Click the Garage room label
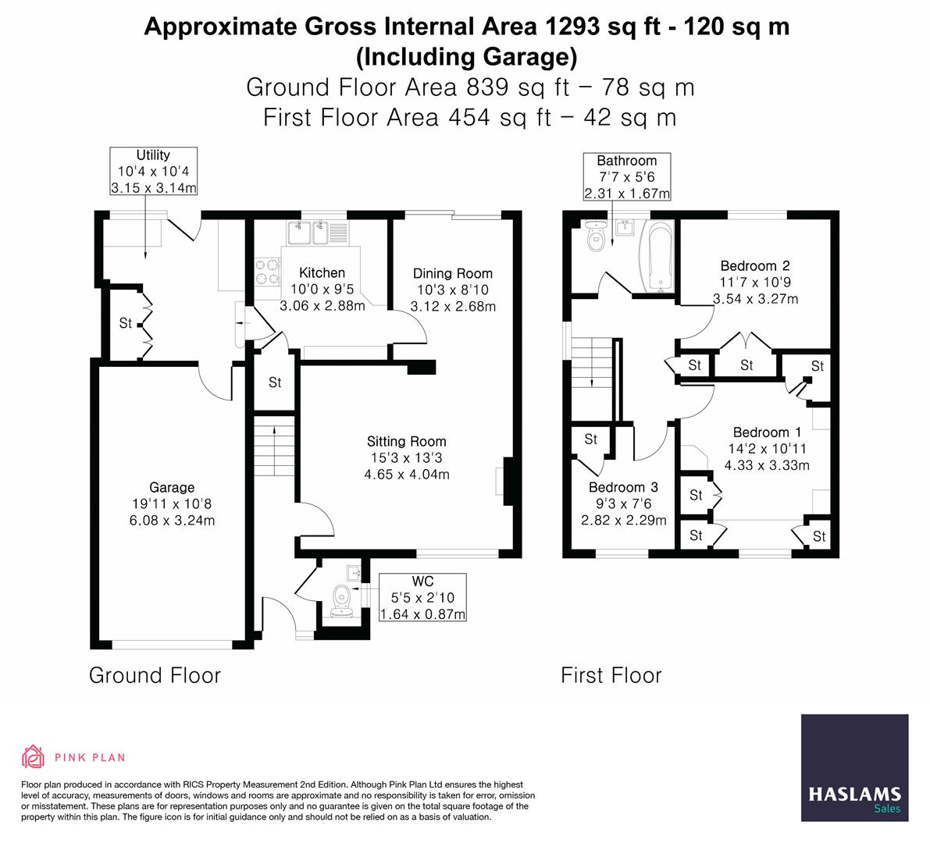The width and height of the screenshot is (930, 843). coord(173,487)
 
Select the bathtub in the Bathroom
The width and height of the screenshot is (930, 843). coord(657,256)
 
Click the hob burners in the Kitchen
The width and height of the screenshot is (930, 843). coord(267,272)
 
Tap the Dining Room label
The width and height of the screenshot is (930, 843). coord(452,273)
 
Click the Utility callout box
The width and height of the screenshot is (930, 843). coord(153,171)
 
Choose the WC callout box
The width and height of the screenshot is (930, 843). coord(422,598)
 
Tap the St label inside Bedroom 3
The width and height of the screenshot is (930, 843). coord(590,439)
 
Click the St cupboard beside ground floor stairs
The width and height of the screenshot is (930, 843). coord(275,382)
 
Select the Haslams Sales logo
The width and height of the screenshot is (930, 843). coord(854,768)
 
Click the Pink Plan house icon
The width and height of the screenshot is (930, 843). coord(33,756)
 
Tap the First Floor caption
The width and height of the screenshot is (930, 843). coord(611,675)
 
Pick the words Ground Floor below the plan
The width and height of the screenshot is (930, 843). coord(155,675)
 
